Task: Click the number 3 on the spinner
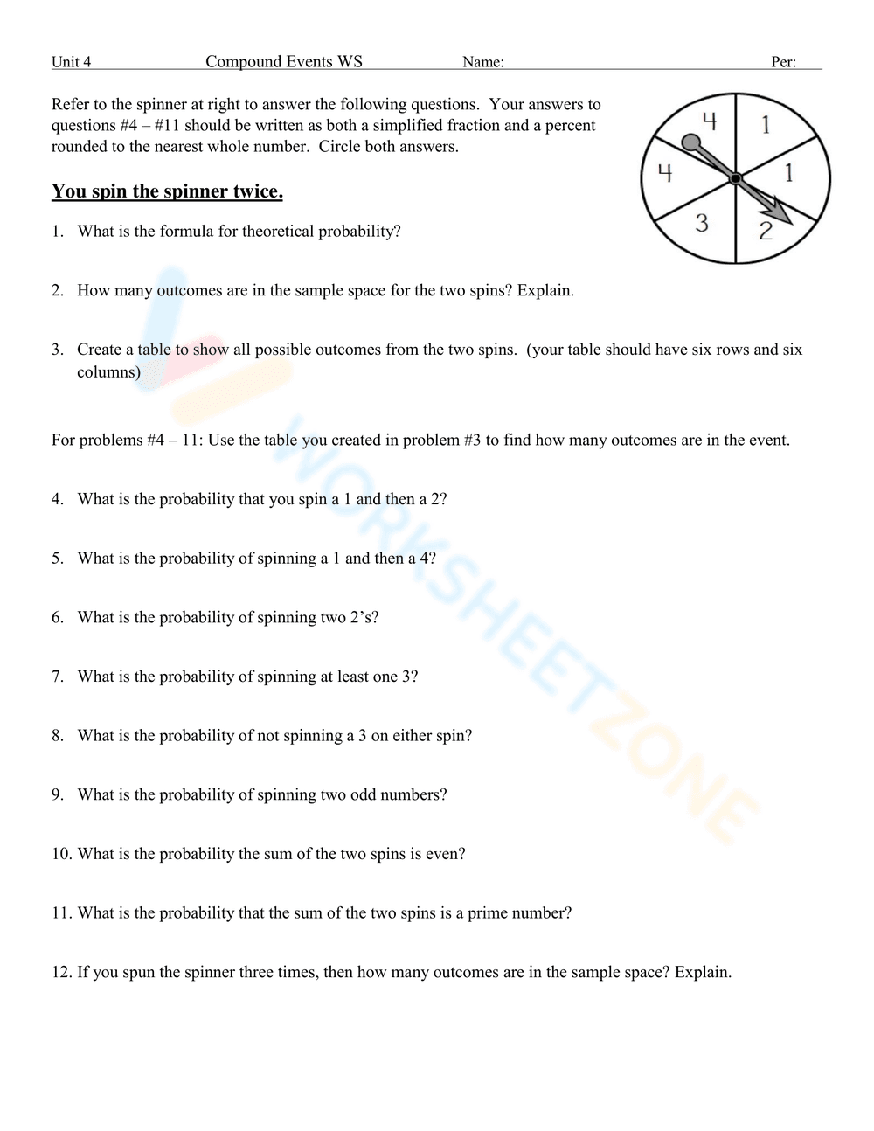pyautogui.click(x=702, y=223)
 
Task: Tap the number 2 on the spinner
pyautogui.click(x=766, y=231)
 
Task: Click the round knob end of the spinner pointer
pyautogui.click(x=690, y=142)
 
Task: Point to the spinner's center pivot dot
pyautogui.click(x=736, y=178)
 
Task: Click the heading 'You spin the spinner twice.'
pyautogui.click(x=167, y=191)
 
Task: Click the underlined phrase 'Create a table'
pyautogui.click(x=123, y=350)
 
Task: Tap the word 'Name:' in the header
pyautogui.click(x=482, y=62)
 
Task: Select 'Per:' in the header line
pyautogui.click(x=783, y=62)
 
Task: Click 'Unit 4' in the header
pyautogui.click(x=71, y=62)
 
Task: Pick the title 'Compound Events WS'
pyautogui.click(x=283, y=61)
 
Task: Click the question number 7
pyautogui.click(x=58, y=677)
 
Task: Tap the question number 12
pyautogui.click(x=61, y=972)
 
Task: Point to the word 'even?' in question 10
pyautogui.click(x=445, y=854)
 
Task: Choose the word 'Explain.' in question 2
pyautogui.click(x=545, y=290)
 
